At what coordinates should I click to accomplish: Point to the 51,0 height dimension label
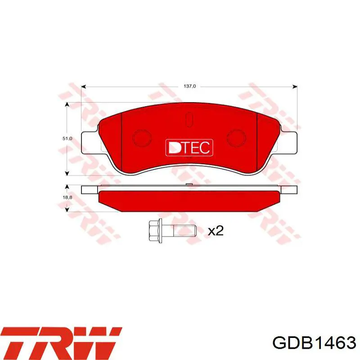(x=67, y=139)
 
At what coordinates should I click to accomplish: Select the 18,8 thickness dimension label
(x=67, y=198)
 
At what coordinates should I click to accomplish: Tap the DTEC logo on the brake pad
(x=189, y=148)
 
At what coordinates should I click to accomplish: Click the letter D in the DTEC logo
(x=173, y=148)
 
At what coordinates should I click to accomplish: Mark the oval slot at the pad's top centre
(x=189, y=120)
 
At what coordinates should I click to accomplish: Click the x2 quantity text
(x=216, y=231)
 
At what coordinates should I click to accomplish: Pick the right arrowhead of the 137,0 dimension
(x=295, y=86)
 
